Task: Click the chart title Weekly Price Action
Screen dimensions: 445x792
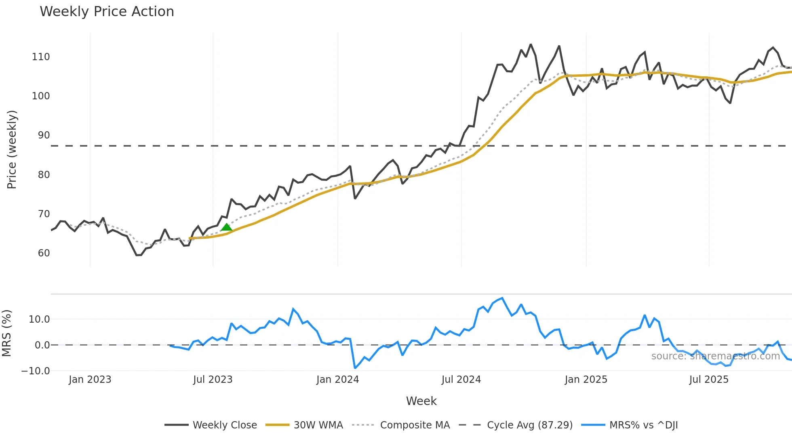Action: click(107, 12)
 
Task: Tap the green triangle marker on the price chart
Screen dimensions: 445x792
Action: click(226, 227)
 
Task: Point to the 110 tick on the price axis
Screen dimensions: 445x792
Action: click(41, 57)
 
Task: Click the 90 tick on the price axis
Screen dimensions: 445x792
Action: click(44, 135)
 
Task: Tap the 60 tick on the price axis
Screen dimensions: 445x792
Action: click(44, 253)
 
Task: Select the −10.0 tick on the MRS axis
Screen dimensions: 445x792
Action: click(36, 371)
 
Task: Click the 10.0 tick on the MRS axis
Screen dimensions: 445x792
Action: click(39, 319)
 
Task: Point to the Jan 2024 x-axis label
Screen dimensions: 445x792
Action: click(337, 380)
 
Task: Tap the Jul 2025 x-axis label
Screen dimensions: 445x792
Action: click(709, 380)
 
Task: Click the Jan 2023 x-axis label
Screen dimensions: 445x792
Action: click(90, 380)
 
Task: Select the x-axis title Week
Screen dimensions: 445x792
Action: click(421, 401)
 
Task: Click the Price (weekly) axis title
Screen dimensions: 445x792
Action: click(12, 149)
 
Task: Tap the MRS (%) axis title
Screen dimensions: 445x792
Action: click(6, 333)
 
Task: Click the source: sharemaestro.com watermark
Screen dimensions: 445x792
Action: click(715, 356)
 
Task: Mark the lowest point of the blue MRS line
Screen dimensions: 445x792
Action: click(355, 368)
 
